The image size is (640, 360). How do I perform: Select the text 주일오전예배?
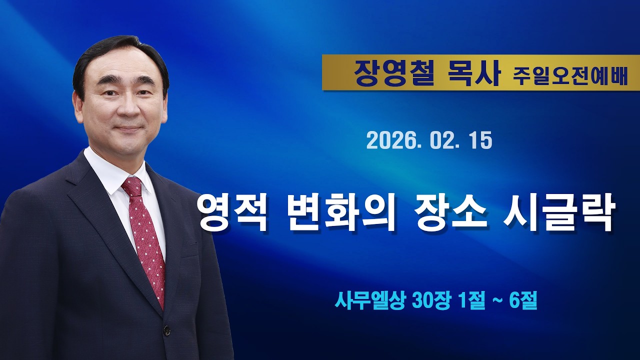pos(570,76)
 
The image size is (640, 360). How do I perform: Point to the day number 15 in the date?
pos(480,141)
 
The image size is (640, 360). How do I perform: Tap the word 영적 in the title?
pos(232,212)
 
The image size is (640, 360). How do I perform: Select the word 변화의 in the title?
pos(343,212)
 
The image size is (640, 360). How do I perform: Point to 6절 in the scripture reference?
pos(522,301)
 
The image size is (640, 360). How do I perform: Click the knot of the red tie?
pos(132,186)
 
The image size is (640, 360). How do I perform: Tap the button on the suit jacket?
pos(166,330)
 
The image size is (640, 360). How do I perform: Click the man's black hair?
pos(120,50)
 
